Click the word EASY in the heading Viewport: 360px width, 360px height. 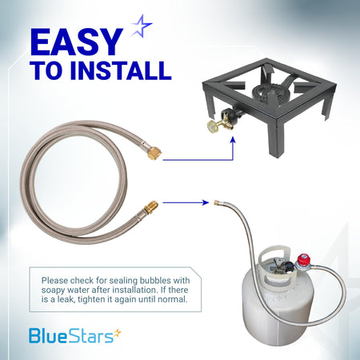point(77,42)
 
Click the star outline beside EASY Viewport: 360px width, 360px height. point(142,26)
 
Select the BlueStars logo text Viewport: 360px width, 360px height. point(71,336)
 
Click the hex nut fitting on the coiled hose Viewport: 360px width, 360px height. point(154,153)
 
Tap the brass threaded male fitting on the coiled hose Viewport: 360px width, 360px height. point(150,207)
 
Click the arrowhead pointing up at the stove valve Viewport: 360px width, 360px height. point(233,140)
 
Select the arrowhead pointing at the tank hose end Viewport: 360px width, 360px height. point(206,202)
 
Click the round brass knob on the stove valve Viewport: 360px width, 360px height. point(214,126)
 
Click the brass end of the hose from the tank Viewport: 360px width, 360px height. point(217,202)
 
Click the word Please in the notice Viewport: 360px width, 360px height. point(54,281)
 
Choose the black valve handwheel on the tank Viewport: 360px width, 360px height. point(288,266)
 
